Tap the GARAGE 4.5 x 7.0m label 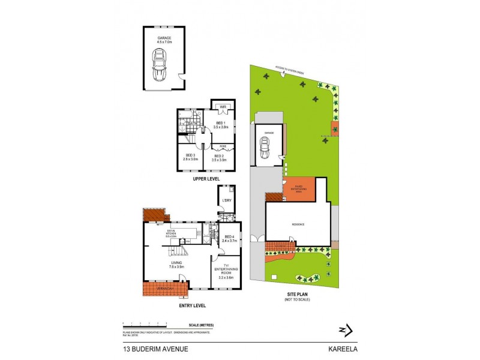click(x=164, y=40)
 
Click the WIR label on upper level click(x=222, y=107)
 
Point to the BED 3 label click(x=190, y=157)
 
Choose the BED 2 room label click(x=219, y=157)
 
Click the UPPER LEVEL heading click(x=206, y=179)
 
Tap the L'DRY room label click(x=227, y=200)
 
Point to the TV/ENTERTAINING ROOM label click(x=227, y=271)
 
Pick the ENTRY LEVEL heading click(x=193, y=306)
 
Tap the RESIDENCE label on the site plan click(x=298, y=224)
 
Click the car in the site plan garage click(x=264, y=146)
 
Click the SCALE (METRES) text click(x=201, y=325)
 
